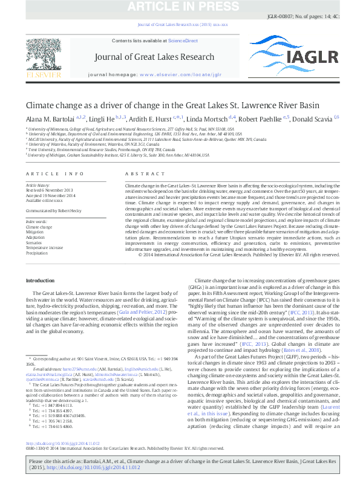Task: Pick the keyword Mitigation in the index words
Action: tap(36, 232)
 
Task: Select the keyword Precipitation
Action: tap(37, 253)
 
